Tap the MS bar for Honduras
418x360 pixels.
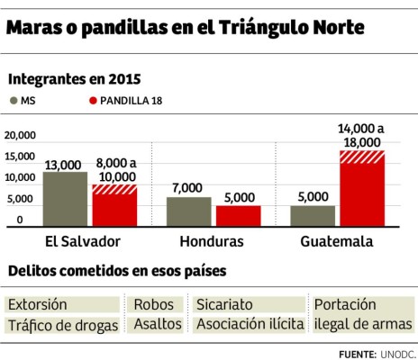[189, 211]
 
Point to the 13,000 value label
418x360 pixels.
[65, 164]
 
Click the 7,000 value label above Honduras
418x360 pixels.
[189, 188]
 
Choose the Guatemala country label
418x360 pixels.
[337, 242]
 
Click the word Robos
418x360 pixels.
[152, 305]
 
